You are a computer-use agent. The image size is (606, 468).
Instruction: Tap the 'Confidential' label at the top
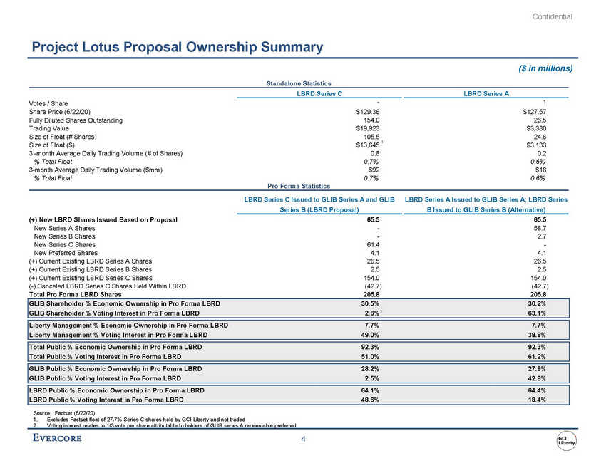coord(553,16)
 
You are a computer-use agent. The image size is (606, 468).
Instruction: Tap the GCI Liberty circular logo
coord(568,440)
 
